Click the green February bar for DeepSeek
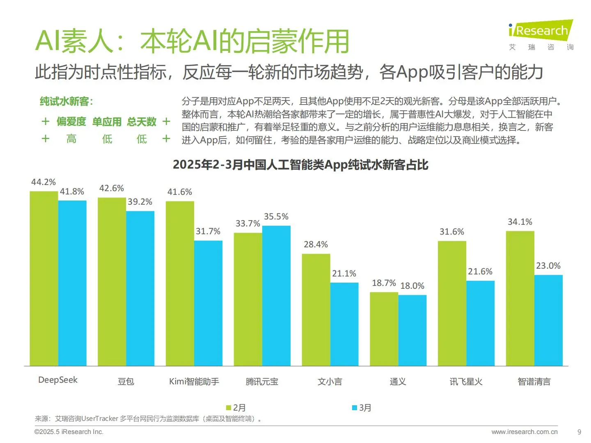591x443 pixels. point(44,279)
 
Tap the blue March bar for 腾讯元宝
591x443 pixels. point(276,296)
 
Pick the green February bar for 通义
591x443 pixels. point(384,329)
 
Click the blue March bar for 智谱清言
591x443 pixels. point(548,320)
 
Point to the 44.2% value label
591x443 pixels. point(44,182)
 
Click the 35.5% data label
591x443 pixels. point(276,217)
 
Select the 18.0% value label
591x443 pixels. point(412,286)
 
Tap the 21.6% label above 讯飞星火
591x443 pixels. point(480,272)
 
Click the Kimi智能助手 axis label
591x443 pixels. point(194,381)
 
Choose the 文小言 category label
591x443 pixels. point(330,381)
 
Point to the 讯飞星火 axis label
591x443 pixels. point(466,381)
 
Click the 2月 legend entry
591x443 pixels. point(236,408)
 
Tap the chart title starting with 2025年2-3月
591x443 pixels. point(300,165)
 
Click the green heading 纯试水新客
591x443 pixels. point(66,101)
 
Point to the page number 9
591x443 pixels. point(579,432)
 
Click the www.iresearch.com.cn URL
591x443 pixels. point(524,432)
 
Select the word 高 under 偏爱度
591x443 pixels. point(71,139)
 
